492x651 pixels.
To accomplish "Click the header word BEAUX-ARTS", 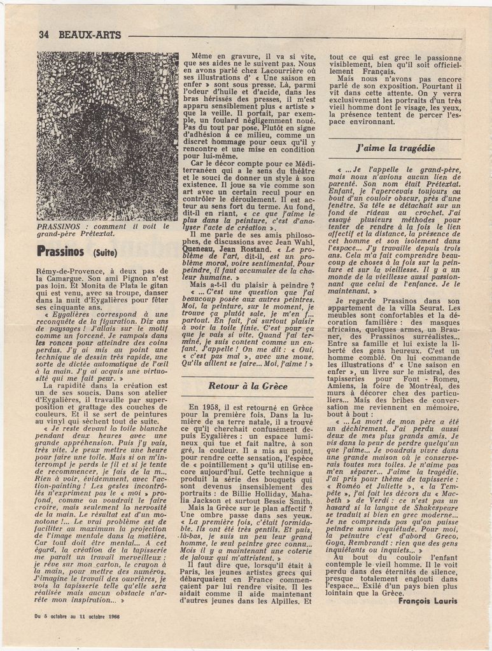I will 89,35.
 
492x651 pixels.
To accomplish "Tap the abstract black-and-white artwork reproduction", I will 107,136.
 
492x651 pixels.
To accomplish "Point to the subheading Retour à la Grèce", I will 248,386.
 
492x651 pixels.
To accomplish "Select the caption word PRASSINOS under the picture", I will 62,226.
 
